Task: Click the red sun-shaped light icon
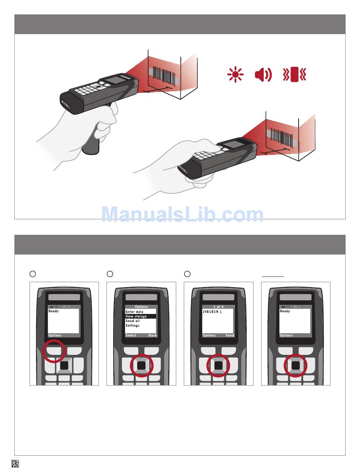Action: (235, 74)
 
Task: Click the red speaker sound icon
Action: (263, 75)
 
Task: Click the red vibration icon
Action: (294, 74)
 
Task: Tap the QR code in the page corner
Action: (15, 463)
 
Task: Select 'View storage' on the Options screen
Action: (136, 316)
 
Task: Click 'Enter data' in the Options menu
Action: (135, 312)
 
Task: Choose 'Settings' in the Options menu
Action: (132, 326)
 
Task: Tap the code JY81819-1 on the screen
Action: (212, 312)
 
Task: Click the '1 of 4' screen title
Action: (219, 307)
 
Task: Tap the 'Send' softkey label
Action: (230, 335)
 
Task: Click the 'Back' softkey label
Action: (152, 335)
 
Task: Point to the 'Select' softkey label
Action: (131, 335)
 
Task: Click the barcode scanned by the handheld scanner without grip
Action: (282, 137)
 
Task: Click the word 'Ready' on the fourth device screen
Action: (285, 311)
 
